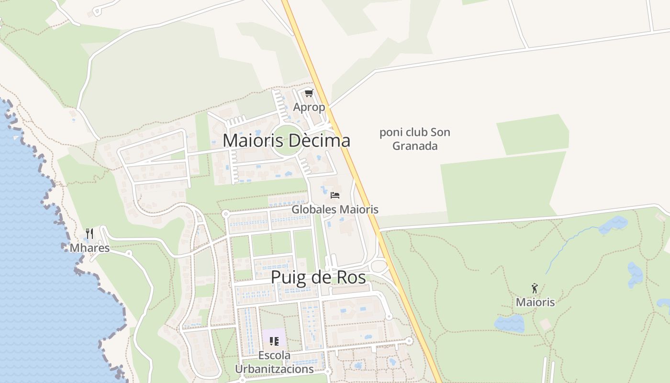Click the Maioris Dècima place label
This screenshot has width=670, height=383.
(x=286, y=141)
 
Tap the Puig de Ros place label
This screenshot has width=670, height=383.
(x=318, y=278)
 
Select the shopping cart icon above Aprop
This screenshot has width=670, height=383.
(x=309, y=93)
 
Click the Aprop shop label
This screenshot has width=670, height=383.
(x=309, y=107)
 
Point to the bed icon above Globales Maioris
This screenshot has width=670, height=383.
(x=335, y=195)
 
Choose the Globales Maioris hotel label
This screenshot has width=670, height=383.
(x=335, y=210)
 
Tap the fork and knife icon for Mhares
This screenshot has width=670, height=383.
(x=89, y=234)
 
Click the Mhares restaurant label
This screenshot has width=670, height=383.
(x=89, y=248)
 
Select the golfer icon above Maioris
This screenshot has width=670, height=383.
(x=535, y=288)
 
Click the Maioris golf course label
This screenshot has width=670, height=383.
(x=535, y=302)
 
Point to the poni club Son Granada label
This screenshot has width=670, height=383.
(x=415, y=139)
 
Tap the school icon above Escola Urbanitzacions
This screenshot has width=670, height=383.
(x=274, y=341)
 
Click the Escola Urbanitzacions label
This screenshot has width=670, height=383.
(x=274, y=362)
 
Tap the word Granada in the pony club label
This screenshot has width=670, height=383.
(x=415, y=146)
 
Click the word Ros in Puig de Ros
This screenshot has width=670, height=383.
(x=350, y=278)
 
